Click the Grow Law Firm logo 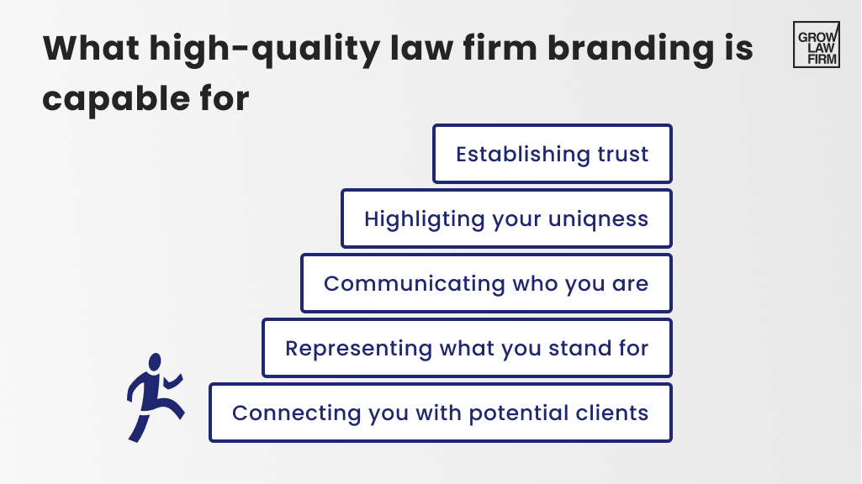point(816,45)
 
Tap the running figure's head point(154,362)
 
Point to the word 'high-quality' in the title point(256,50)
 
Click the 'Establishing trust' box point(553,155)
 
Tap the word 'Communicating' point(394,284)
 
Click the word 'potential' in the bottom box point(515,413)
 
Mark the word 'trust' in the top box point(622,155)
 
